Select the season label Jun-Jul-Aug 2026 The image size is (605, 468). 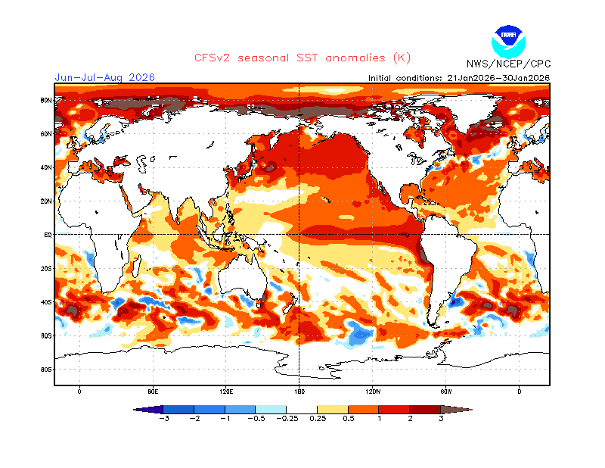pyautogui.click(x=104, y=77)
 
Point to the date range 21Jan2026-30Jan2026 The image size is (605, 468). pyautogui.click(x=499, y=78)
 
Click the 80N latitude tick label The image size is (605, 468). pyautogui.click(x=46, y=100)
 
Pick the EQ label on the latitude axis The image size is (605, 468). pyautogui.click(x=47, y=235)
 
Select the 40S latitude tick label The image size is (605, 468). pyautogui.click(x=46, y=302)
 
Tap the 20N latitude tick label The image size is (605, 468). pyautogui.click(x=46, y=201)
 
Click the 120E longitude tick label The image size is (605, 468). pyautogui.click(x=226, y=392)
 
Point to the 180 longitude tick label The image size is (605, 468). pyautogui.click(x=299, y=392)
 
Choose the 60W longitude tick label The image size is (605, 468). pyautogui.click(x=446, y=392)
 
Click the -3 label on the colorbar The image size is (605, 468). pyautogui.click(x=164, y=418)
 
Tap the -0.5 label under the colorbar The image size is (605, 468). pyautogui.click(x=256, y=418)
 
